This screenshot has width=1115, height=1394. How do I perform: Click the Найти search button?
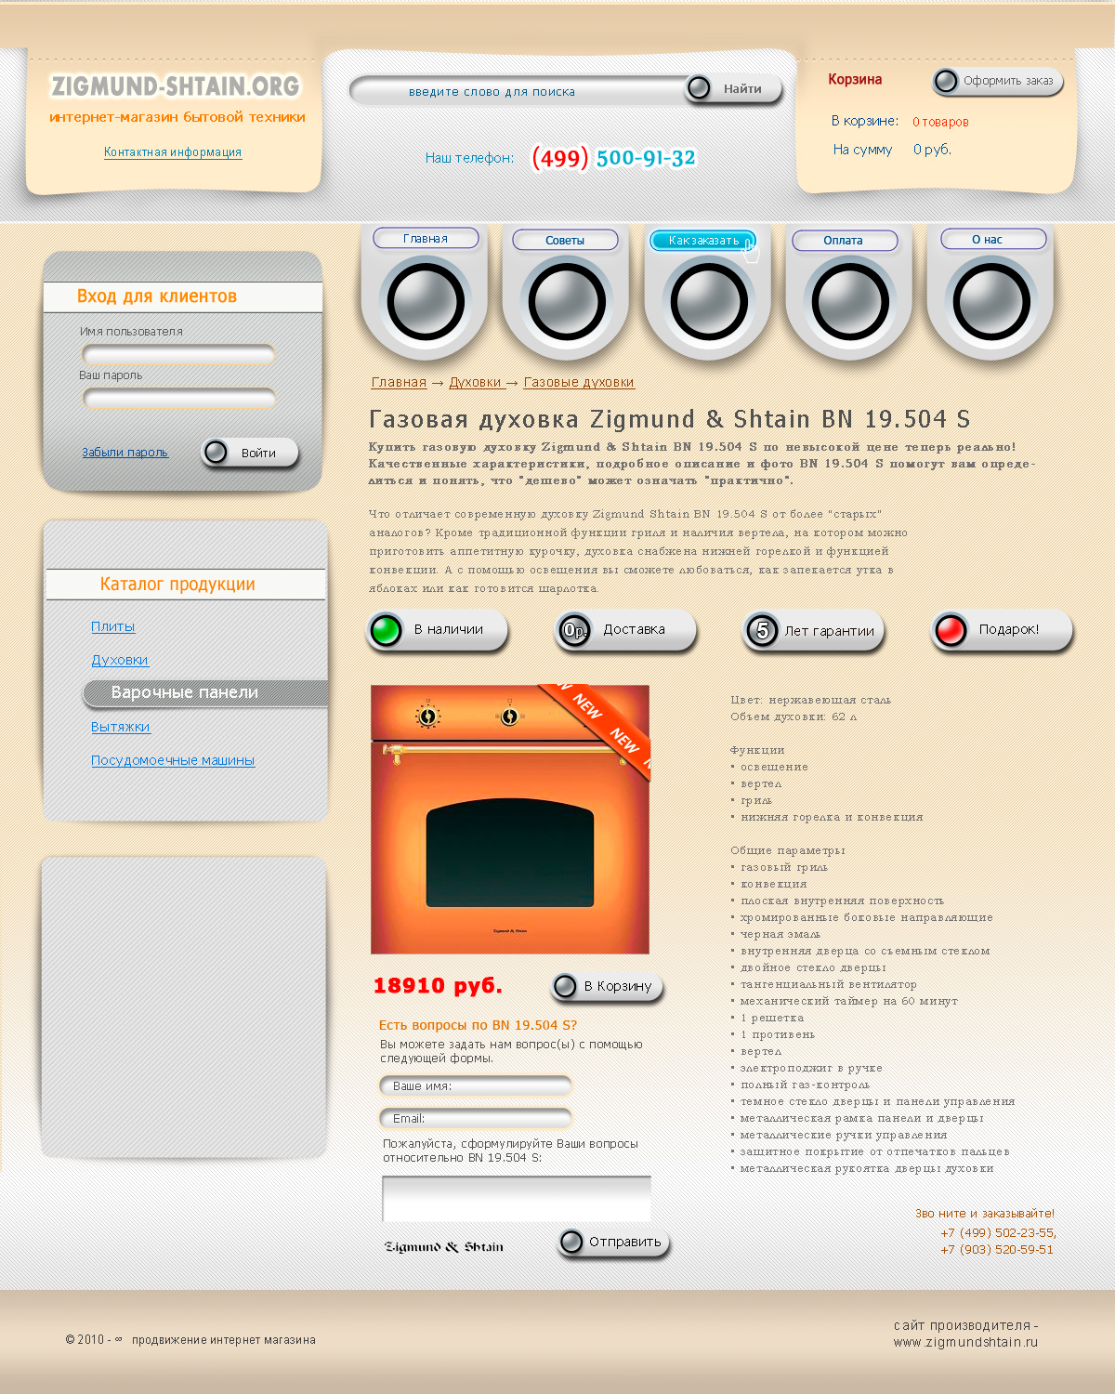click(x=733, y=88)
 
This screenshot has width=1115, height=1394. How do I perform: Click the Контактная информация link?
click(x=173, y=152)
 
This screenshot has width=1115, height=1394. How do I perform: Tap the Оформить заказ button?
click(x=998, y=81)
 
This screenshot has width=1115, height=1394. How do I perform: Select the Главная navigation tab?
click(x=426, y=239)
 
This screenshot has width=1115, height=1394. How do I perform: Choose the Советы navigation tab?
click(x=565, y=241)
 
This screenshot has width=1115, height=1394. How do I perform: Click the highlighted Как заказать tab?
click(x=703, y=241)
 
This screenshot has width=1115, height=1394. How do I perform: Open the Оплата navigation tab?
click(x=845, y=241)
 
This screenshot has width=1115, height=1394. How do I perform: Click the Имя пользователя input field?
click(x=178, y=354)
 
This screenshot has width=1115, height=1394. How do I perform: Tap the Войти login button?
click(x=250, y=453)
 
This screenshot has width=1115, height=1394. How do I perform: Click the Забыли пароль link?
click(x=125, y=453)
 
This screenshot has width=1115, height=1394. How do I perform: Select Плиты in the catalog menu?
click(x=112, y=626)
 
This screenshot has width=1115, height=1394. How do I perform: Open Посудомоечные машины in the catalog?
click(x=173, y=760)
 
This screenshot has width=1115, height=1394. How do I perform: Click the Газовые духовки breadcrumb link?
click(x=579, y=382)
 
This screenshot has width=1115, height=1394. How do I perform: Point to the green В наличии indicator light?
click(x=387, y=630)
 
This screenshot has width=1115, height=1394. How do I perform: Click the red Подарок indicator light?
click(x=951, y=630)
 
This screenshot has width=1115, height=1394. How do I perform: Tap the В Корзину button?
click(x=607, y=986)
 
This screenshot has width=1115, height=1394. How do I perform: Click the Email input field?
click(x=476, y=1118)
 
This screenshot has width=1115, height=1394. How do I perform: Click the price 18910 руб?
click(x=438, y=986)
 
